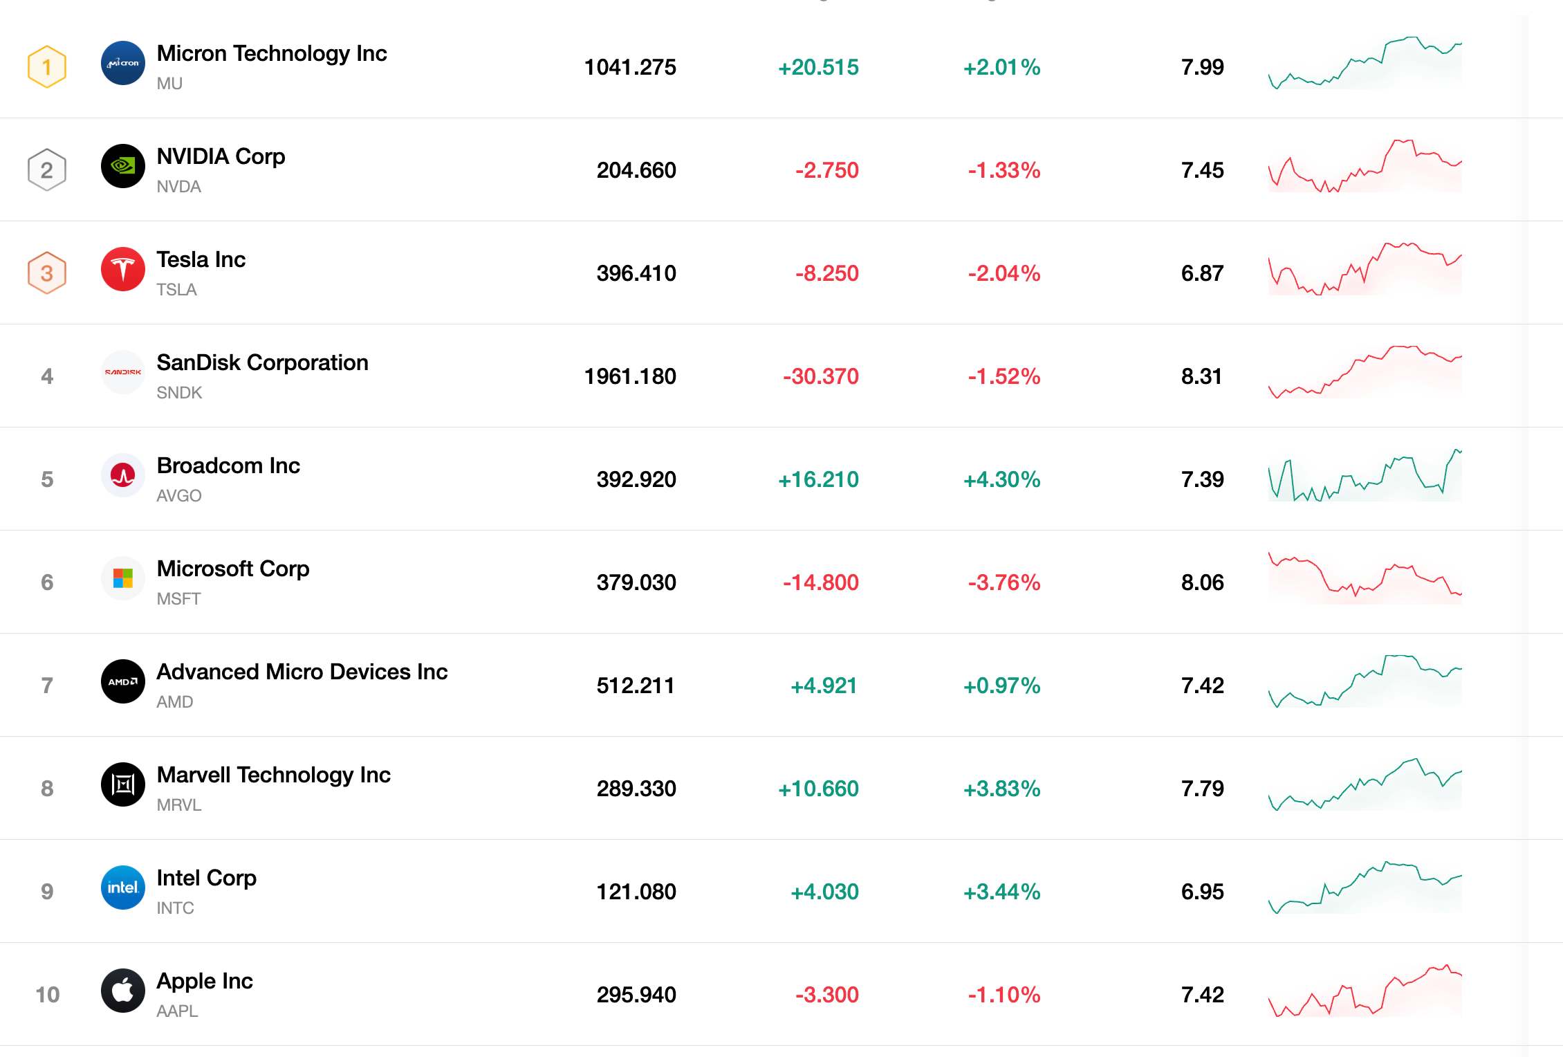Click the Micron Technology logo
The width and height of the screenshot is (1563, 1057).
coord(123,63)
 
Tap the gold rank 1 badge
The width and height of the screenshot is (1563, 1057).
coord(47,66)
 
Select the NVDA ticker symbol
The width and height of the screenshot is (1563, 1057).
coord(178,187)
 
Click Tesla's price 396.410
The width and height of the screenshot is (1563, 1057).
coord(636,273)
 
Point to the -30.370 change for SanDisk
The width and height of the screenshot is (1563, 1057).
coord(821,376)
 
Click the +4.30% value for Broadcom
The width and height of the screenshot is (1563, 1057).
coord(1002,479)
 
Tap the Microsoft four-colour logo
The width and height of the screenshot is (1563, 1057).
coord(123,578)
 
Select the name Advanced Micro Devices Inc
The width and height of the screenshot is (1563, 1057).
coord(302,672)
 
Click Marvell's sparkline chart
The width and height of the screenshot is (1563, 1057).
coord(1365,784)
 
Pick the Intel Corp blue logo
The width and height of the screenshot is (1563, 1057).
coord(123,888)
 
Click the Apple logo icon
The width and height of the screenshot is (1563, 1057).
coord(123,991)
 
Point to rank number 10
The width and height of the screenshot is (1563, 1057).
coord(48,995)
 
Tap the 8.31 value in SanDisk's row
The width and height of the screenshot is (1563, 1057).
coord(1202,376)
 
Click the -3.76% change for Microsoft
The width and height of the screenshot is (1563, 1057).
coord(1004,582)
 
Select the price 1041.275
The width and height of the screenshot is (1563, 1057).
coord(630,67)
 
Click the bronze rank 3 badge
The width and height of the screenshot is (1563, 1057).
coord(47,273)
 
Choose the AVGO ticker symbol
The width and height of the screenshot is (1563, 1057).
coord(179,496)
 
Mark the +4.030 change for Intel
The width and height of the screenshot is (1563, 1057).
coord(824,892)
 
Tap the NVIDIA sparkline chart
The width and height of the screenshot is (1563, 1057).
coord(1365,166)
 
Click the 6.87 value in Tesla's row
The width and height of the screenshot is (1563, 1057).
coord(1203,273)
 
